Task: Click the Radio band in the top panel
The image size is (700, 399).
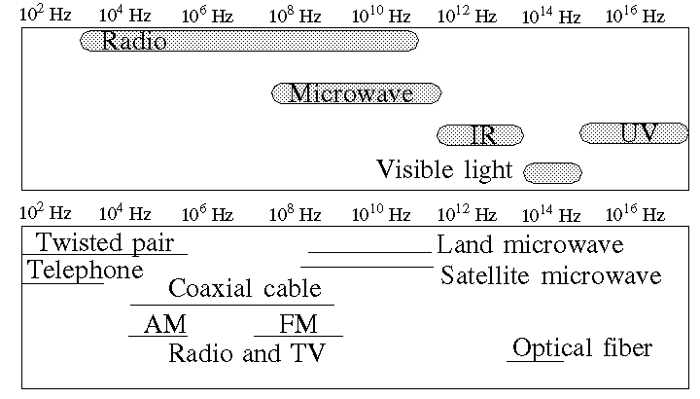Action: coord(249,41)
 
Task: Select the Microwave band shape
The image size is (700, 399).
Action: coord(357,93)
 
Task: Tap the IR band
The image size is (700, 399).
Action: coord(480,135)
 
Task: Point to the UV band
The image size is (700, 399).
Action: coord(634,133)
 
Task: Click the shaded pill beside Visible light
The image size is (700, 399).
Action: coord(552,173)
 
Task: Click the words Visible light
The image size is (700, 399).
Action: coord(444,169)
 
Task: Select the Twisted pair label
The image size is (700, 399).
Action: coord(105,242)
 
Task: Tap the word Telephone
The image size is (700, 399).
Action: coord(86,270)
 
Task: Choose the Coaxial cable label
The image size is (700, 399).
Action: coord(245,288)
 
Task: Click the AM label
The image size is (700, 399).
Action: coord(164,324)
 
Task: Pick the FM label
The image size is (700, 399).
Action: coord(298,324)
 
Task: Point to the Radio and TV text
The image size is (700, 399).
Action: coord(247,353)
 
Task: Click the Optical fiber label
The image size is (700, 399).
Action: coord(582,347)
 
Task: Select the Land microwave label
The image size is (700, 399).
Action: coord(530,245)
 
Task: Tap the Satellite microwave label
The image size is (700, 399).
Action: coord(551,275)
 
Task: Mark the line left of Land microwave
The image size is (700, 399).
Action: coord(370,253)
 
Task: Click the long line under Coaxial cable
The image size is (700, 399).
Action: coord(232,306)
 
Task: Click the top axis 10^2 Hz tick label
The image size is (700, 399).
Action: coord(46,15)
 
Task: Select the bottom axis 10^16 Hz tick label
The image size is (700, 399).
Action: coord(635,213)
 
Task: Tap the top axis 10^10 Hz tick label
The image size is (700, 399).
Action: coord(381,16)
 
